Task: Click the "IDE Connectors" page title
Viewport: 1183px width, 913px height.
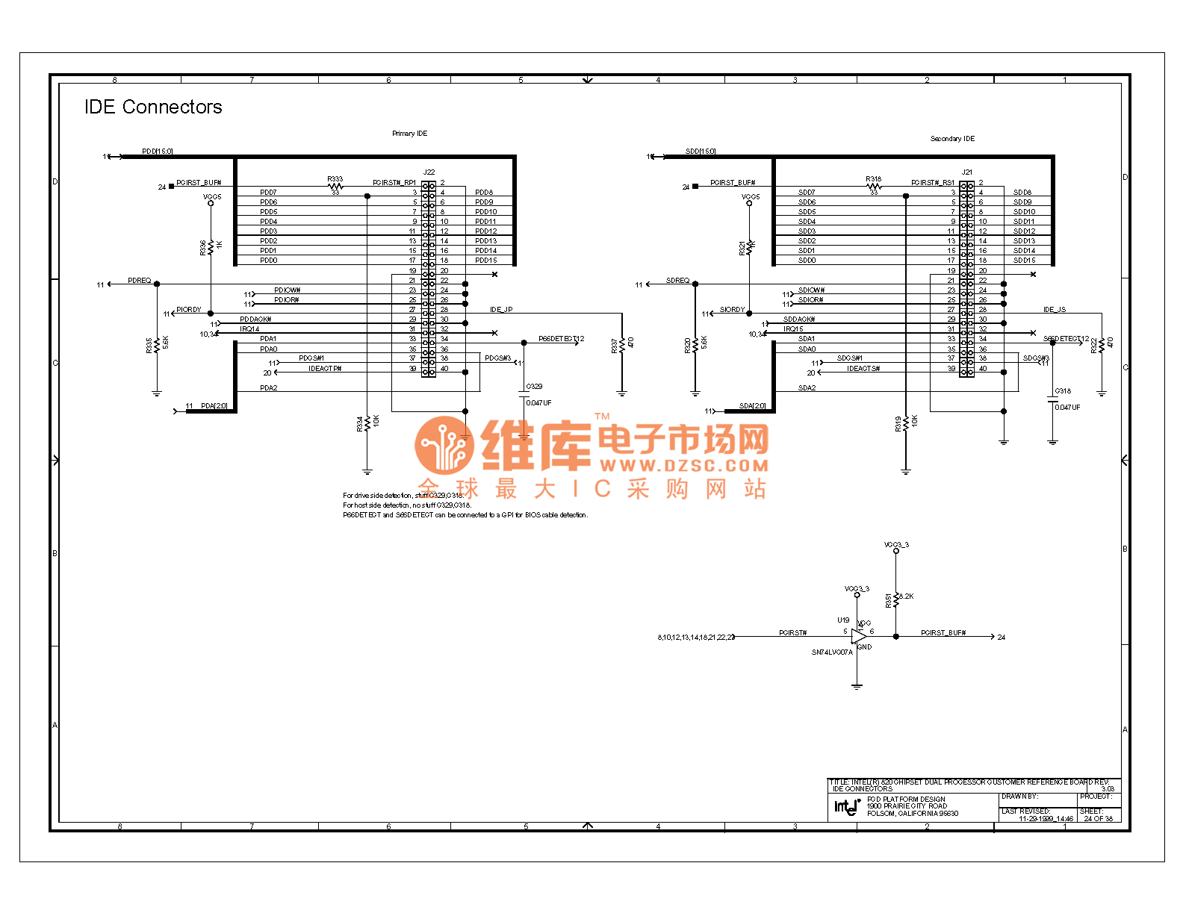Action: click(153, 107)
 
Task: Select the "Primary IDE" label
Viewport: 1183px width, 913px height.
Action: click(409, 134)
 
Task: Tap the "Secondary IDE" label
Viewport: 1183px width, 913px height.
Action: click(952, 139)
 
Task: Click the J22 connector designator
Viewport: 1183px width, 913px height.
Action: click(429, 172)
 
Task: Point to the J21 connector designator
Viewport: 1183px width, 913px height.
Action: click(967, 172)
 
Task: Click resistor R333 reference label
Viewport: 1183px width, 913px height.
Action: click(335, 179)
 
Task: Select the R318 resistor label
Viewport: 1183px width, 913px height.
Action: click(873, 179)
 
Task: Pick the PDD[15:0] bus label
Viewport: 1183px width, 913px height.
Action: click(158, 152)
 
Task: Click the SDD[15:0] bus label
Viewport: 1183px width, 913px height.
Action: click(701, 152)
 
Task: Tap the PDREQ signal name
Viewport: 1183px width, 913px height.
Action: click(139, 281)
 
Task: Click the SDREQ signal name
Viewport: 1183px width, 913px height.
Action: click(677, 281)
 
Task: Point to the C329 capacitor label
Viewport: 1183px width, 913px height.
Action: click(534, 387)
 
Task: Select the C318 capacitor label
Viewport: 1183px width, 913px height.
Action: click(1063, 391)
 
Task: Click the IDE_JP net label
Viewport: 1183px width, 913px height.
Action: click(501, 310)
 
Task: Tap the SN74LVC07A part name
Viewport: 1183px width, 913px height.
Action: click(832, 652)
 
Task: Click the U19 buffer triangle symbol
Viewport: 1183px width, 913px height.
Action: click(858, 637)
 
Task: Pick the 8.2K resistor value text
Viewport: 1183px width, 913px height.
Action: click(906, 596)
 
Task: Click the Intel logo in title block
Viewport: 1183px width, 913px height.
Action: click(847, 806)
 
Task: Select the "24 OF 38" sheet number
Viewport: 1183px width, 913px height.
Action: click(1098, 819)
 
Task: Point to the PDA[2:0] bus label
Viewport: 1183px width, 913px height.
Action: click(214, 406)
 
